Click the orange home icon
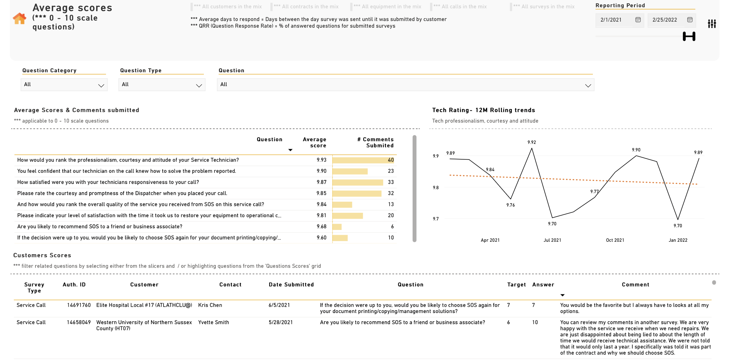pyautogui.click(x=19, y=18)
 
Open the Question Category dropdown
pyautogui.click(x=64, y=85)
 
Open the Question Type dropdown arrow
pyautogui.click(x=199, y=85)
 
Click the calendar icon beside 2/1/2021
pyautogui.click(x=638, y=20)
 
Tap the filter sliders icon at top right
pyautogui.click(x=712, y=24)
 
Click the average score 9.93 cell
pyautogui.click(x=321, y=160)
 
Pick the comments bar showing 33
pyautogui.click(x=358, y=182)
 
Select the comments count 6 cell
pyautogui.click(x=392, y=227)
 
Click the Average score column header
pyautogui.click(x=314, y=143)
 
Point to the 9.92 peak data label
pyautogui.click(x=532, y=142)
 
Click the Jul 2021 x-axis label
pyautogui.click(x=552, y=240)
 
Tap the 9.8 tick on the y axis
pyautogui.click(x=436, y=188)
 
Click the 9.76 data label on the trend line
pyautogui.click(x=510, y=205)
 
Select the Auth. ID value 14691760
pyautogui.click(x=79, y=305)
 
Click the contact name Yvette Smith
pyautogui.click(x=213, y=322)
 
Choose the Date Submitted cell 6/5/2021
pyautogui.click(x=279, y=305)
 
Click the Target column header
pyautogui.click(x=516, y=284)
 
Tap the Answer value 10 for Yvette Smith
pyautogui.click(x=535, y=322)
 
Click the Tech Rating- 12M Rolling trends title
pyautogui.click(x=484, y=110)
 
